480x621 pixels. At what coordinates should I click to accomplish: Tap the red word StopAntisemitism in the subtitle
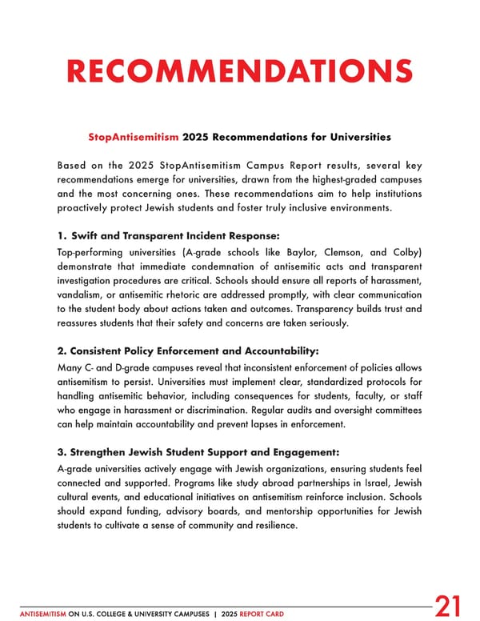coord(134,137)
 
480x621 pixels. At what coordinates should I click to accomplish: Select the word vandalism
coord(85,296)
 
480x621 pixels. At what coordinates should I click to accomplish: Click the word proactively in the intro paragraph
coord(87,209)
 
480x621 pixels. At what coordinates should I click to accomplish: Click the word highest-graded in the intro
coord(321,180)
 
